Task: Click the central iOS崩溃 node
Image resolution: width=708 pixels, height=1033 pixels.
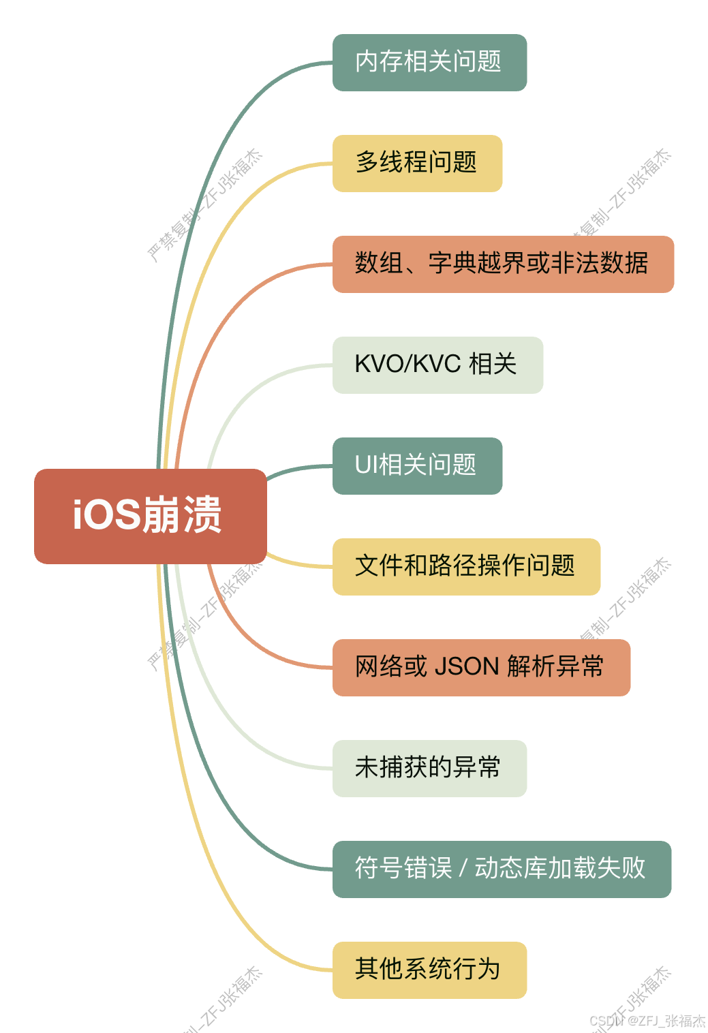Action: tap(150, 516)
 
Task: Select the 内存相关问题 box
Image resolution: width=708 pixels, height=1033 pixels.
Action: tap(429, 62)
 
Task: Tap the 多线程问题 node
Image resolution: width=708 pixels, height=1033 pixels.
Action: tap(417, 163)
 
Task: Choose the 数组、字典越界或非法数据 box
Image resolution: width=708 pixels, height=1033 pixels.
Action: tap(503, 264)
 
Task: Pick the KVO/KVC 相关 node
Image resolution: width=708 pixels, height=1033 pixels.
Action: tap(437, 365)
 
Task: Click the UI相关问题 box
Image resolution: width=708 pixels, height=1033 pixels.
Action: tap(417, 465)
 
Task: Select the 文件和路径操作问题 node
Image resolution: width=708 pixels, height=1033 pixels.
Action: tap(466, 566)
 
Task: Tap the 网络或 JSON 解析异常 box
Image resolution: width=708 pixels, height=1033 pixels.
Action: tap(481, 667)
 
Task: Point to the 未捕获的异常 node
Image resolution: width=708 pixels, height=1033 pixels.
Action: tap(429, 768)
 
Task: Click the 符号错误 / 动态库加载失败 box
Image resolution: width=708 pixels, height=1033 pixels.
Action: tap(502, 869)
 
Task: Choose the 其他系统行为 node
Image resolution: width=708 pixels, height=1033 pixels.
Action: tap(429, 970)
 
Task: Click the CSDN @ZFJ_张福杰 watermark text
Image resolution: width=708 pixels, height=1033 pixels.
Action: tap(647, 1020)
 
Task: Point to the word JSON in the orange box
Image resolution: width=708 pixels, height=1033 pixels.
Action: tap(467, 667)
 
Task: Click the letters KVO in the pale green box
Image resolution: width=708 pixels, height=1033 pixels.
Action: tap(380, 365)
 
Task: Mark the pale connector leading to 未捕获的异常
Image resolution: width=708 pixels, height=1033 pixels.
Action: tap(232, 722)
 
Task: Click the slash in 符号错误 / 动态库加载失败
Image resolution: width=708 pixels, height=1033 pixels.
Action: tap(463, 869)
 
